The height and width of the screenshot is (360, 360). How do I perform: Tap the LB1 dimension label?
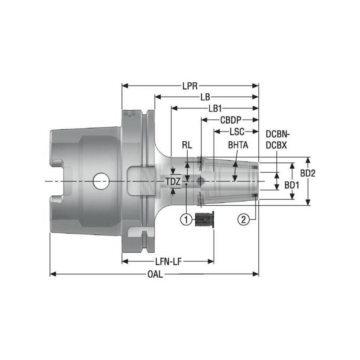coord(215,108)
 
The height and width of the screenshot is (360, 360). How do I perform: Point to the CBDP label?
coord(230,120)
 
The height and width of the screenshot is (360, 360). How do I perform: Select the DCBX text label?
coord(276,146)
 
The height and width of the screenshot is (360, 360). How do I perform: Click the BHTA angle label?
coord(237,145)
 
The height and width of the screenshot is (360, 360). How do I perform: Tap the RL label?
coord(187,145)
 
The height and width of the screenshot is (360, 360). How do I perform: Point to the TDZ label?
coord(173,182)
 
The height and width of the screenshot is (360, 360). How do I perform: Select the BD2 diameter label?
coord(308,173)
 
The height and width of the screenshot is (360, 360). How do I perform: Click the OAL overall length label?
coord(154,274)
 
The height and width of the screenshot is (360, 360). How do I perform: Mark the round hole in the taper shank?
coord(101,182)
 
